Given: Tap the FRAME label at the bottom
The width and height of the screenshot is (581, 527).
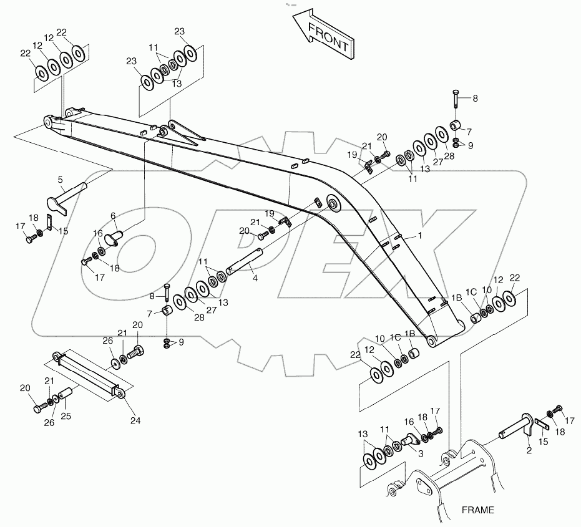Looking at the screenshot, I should coord(478,510).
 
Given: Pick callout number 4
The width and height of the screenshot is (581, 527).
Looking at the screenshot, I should coord(255,278).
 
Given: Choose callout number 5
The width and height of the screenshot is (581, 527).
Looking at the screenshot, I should coord(61,180).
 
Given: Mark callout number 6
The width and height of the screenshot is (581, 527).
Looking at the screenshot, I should coord(114,215).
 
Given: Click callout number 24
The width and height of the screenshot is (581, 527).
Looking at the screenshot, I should coord(136,420).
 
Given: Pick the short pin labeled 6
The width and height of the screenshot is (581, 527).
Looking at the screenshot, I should coord(112,237).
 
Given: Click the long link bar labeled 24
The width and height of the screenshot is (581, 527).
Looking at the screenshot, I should coord(87,373).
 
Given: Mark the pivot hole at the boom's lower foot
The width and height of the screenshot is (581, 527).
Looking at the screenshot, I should coord(431,341).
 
